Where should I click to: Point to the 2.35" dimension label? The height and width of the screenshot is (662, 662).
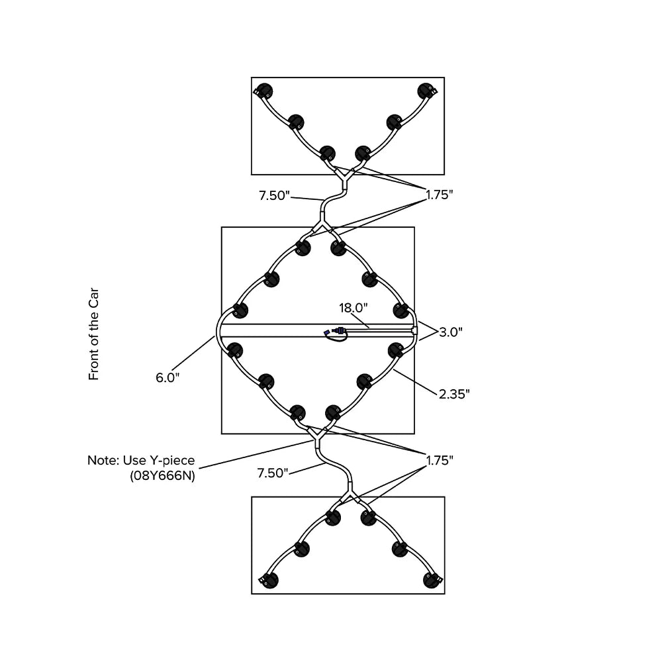tap(454, 394)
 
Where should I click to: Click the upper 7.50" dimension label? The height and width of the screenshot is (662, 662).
tap(275, 195)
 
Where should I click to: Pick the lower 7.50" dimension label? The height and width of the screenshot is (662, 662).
tap(273, 473)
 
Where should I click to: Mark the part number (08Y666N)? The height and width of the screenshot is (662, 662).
tap(162, 475)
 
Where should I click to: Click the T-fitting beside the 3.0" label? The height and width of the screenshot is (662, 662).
tap(414, 329)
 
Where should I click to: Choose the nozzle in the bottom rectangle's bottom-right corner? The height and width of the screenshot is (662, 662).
tap(432, 580)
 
